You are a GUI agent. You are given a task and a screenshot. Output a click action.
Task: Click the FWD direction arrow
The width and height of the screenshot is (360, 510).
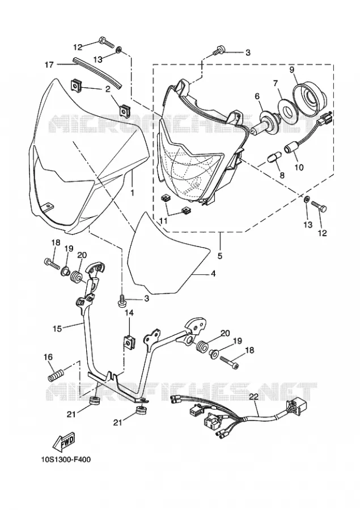click(65, 443)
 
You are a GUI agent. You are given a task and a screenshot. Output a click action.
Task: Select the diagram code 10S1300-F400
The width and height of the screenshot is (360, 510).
click(66, 460)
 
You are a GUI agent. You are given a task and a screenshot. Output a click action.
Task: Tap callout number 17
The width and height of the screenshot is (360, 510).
click(49, 65)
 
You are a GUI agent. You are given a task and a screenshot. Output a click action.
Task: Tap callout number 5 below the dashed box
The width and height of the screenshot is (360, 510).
click(220, 256)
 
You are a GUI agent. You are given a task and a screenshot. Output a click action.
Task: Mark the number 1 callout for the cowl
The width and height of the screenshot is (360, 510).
click(132, 193)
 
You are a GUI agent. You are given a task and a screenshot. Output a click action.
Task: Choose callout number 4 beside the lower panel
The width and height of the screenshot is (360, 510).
click(213, 274)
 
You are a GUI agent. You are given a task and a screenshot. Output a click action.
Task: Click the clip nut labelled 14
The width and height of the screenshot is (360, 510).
click(130, 341)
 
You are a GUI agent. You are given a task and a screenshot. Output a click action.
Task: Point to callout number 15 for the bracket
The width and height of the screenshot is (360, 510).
click(57, 329)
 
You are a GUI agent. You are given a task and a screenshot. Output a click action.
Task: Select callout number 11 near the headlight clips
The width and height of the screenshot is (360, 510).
click(164, 221)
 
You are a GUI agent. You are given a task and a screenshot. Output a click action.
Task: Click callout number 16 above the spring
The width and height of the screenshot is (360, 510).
click(48, 357)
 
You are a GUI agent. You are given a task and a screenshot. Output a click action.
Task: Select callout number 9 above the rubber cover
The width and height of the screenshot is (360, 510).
click(291, 70)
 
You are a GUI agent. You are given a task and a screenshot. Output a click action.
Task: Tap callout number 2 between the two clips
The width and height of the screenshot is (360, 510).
click(108, 88)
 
